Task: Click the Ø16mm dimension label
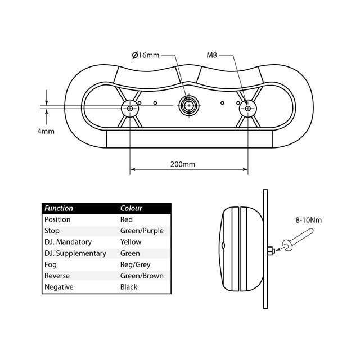tap(146, 55)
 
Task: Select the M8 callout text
tap(212, 55)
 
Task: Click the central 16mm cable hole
tap(188, 105)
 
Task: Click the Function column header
tap(58, 208)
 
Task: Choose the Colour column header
tap(131, 208)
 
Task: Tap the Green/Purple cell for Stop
tap(142, 231)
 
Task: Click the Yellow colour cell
tap(130, 242)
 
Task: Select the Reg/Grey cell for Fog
tap(136, 264)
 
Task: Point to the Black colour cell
tap(129, 287)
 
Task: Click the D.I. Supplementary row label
tap(75, 253)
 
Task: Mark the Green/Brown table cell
tap(142, 276)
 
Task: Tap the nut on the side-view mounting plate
tap(271, 250)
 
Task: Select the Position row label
tap(57, 219)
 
